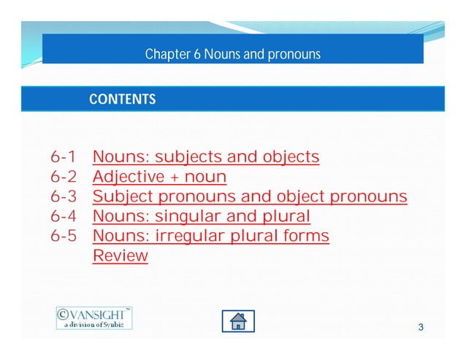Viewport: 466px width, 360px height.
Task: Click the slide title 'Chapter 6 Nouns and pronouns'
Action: [232, 55]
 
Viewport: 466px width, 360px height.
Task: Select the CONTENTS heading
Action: [122, 99]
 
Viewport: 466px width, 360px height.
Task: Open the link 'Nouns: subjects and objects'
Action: [206, 157]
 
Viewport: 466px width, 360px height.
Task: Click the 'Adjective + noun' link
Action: [159, 177]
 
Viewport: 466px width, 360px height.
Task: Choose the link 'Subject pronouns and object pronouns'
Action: [250, 196]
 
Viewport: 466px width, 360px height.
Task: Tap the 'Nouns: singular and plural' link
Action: [202, 216]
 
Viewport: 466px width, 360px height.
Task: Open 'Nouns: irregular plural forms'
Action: [211, 236]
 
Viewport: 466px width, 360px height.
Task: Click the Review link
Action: [121, 256]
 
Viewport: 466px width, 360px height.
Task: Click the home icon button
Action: [238, 321]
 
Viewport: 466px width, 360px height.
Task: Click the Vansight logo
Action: [94, 317]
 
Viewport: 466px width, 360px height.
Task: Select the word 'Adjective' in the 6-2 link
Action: [126, 177]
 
